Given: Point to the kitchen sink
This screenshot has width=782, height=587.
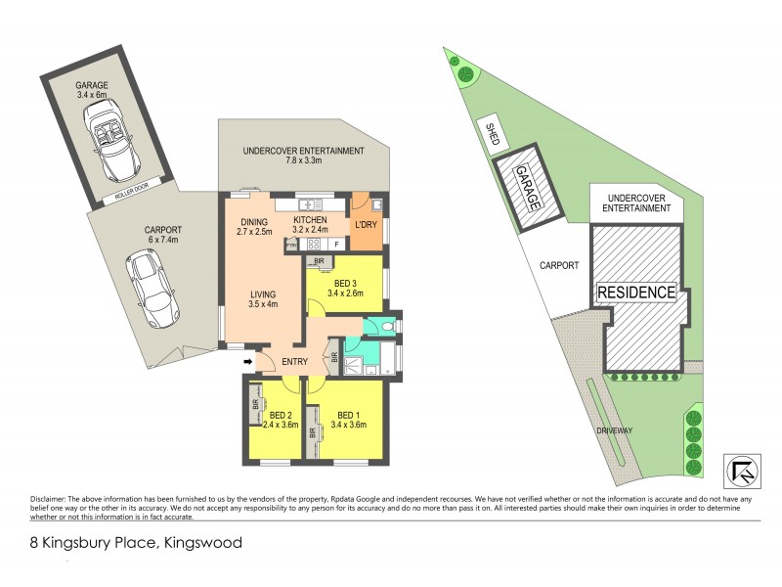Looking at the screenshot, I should [x=310, y=204].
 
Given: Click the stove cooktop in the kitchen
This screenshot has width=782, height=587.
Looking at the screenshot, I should [x=315, y=245].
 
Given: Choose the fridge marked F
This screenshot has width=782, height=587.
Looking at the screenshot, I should [x=335, y=245].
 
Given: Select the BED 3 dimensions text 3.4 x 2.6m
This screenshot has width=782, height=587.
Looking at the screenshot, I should [x=344, y=293].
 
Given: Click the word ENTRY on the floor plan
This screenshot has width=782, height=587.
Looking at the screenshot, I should [x=294, y=362].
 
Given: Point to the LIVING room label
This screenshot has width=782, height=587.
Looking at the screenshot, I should [x=261, y=294].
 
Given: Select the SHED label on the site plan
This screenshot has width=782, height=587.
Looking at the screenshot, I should [x=493, y=134].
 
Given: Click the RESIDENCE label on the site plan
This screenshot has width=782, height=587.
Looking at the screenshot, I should [x=636, y=292].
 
